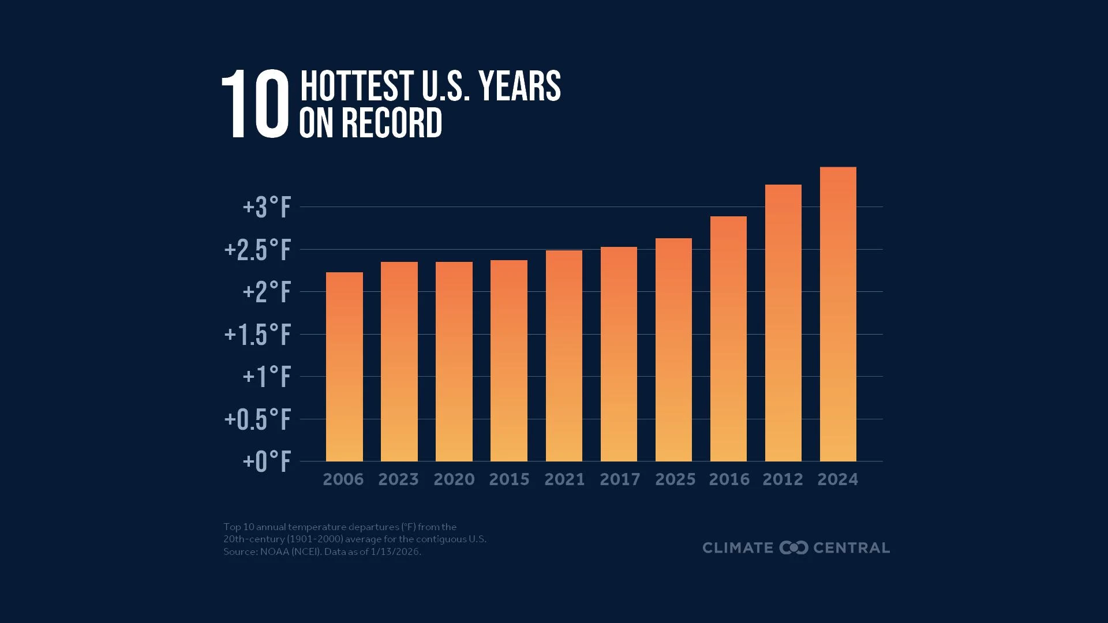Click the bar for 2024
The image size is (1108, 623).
pos(838,314)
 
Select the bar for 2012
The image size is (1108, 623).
pos(783,323)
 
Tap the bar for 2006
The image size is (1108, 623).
pos(345,367)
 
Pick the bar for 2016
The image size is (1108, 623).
pos(728,339)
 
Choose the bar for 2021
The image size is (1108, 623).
pos(564,356)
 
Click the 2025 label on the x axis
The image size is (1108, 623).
pos(675,479)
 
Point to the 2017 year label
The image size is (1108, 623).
pos(620,479)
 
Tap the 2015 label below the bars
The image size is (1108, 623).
pos(509,479)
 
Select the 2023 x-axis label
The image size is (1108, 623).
pos(398,479)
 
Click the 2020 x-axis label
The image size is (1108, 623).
pos(454,479)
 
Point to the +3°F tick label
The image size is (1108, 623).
pos(267,208)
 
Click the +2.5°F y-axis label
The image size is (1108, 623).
pos(257,250)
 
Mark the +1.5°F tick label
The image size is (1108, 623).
pos(257,335)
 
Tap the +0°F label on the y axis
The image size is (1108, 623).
pos(267,462)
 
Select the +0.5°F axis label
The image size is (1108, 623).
pos(257,420)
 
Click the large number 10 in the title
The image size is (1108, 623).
pos(255,104)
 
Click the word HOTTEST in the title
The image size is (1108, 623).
pos(357,87)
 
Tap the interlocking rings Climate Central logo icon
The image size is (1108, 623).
pos(793,547)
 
